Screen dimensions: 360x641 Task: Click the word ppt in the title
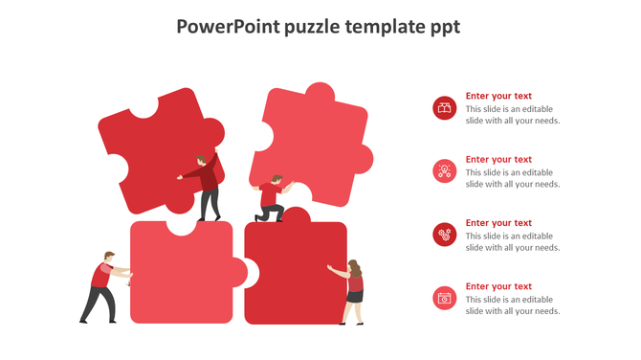(443, 27)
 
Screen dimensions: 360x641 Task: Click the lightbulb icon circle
(444, 171)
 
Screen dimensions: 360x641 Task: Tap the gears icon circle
(444, 235)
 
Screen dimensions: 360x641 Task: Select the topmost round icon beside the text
(444, 108)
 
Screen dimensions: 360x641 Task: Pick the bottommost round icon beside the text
(444, 298)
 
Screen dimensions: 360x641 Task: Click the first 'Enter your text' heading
(498, 97)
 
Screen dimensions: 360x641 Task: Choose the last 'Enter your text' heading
(498, 286)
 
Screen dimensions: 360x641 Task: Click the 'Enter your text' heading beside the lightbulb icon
(498, 160)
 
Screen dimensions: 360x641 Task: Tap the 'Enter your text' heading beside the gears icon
(498, 223)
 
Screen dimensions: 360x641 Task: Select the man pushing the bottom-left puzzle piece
(100, 286)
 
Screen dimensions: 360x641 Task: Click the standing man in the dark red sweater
(206, 186)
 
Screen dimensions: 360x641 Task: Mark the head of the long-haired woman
(354, 267)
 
